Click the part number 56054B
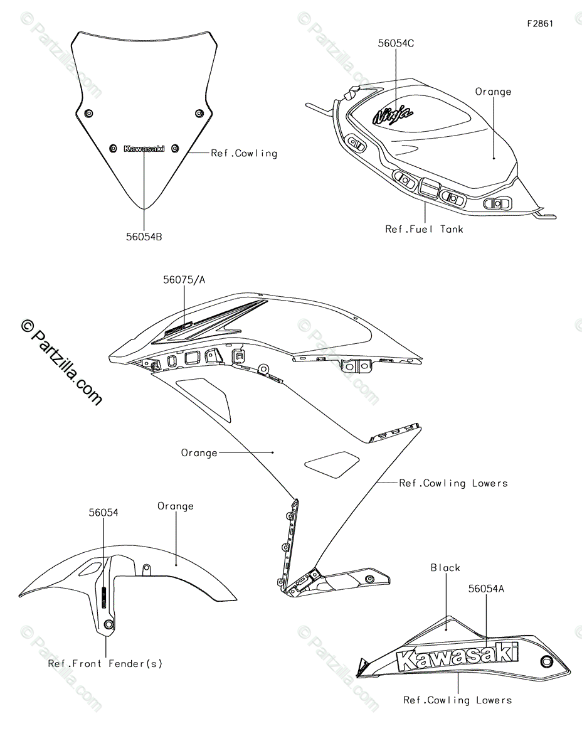(144, 237)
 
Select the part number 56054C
(396, 43)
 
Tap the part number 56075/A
(184, 280)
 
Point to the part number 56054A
(486, 589)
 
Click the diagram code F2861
(540, 24)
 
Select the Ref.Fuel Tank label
(424, 229)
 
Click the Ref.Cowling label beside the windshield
(243, 152)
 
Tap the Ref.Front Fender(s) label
(105, 663)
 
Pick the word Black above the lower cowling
(445, 567)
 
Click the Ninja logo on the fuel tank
(393, 114)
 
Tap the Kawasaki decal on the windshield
(144, 149)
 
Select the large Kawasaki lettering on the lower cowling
(457, 656)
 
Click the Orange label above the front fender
(176, 506)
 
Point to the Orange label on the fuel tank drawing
(493, 92)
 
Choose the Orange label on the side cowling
(199, 452)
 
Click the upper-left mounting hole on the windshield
(88, 113)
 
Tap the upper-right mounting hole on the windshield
(199, 113)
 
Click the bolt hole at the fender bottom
(109, 624)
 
